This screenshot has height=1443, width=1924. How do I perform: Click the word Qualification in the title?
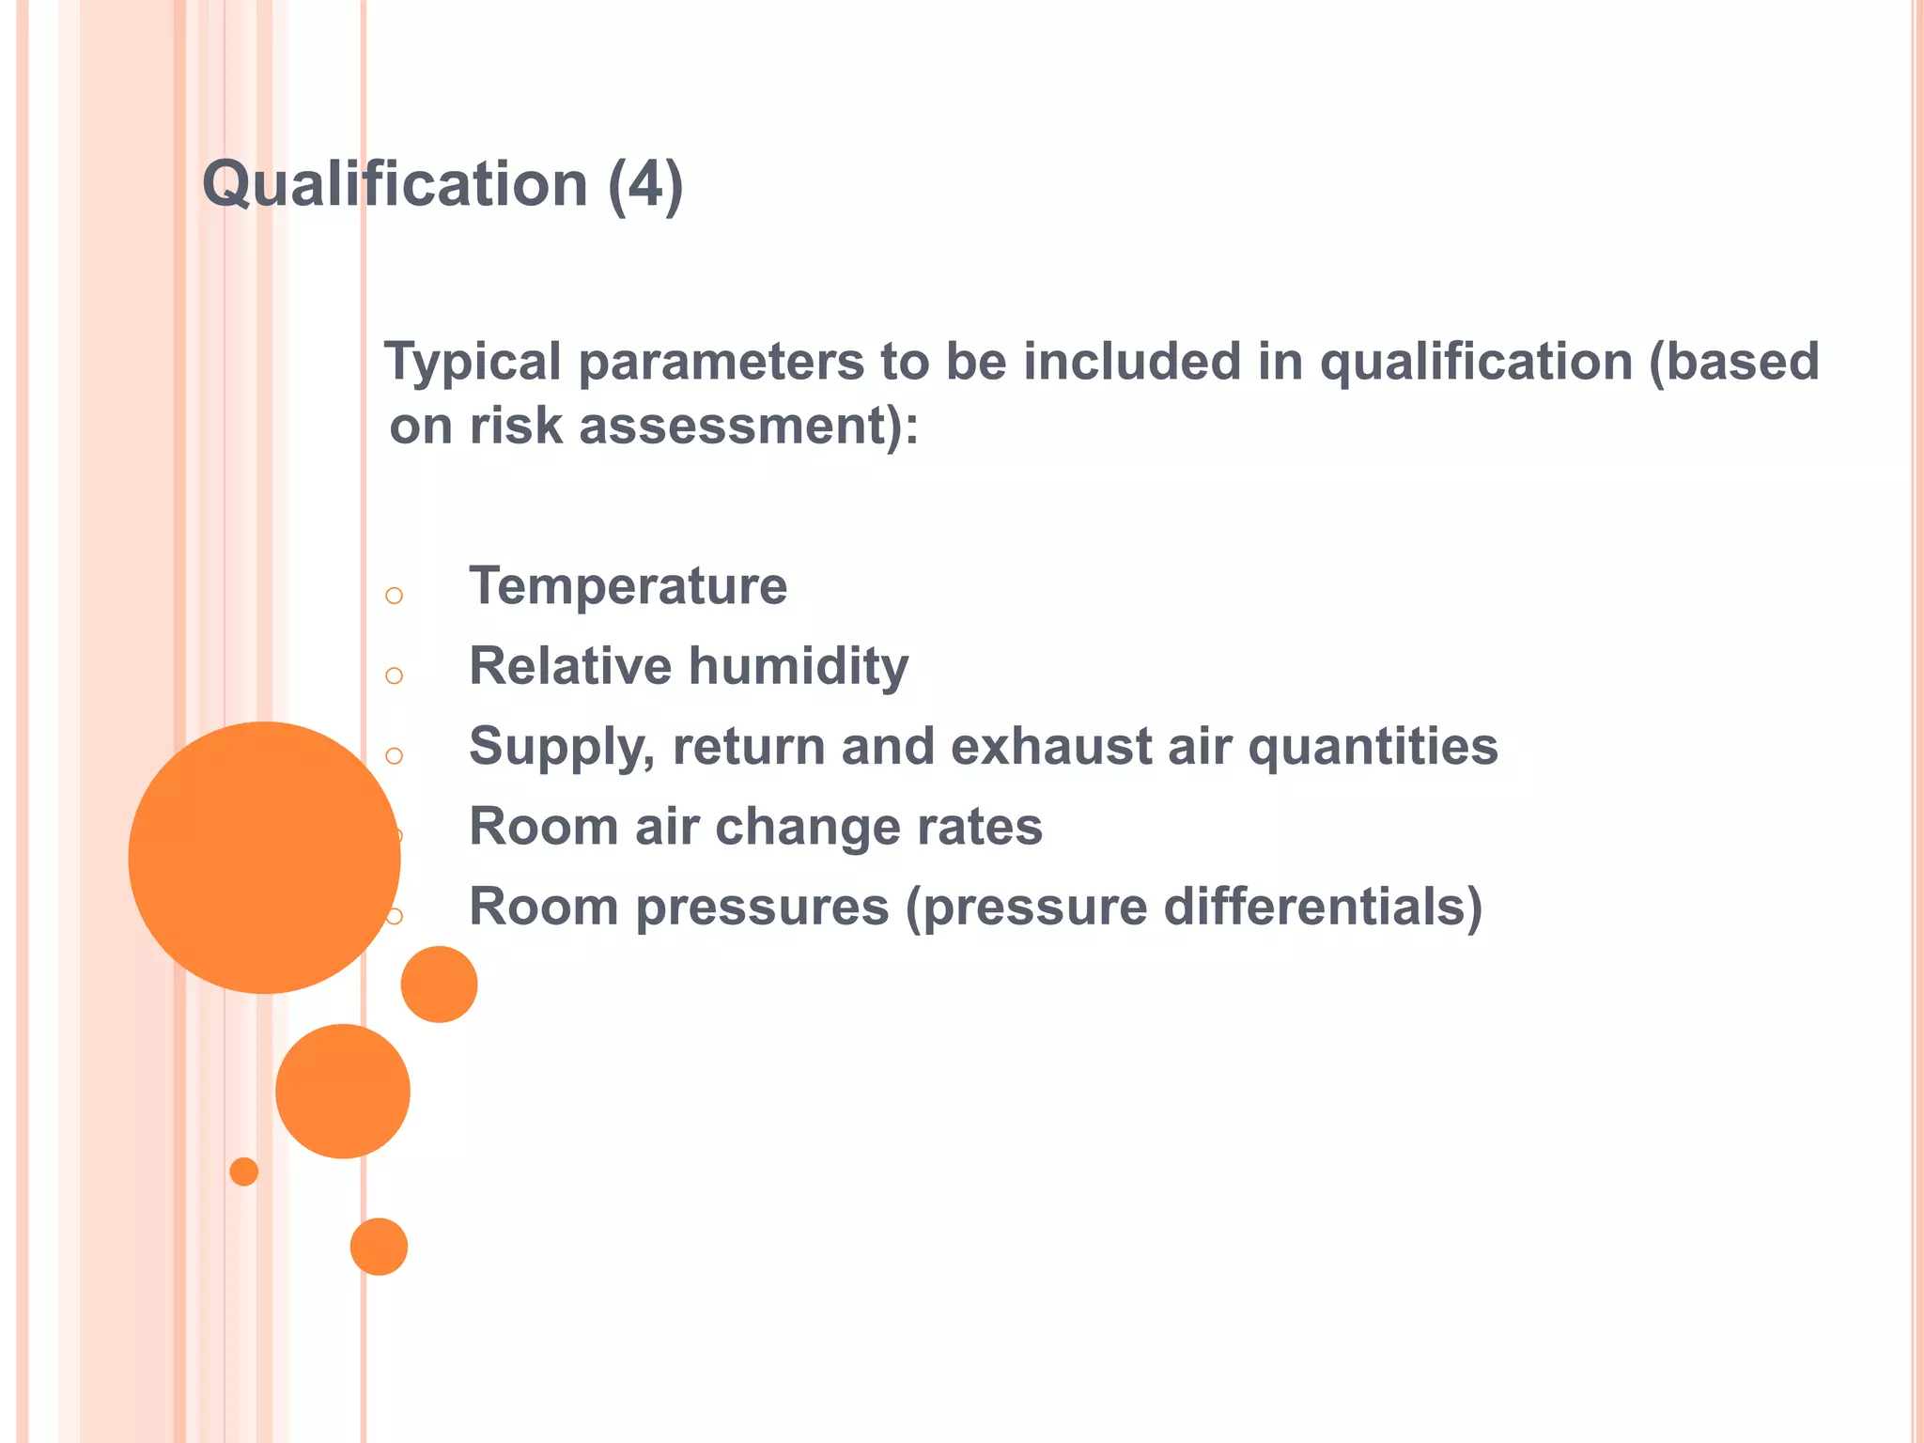tap(395, 183)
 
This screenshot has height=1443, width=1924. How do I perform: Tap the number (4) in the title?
tap(645, 184)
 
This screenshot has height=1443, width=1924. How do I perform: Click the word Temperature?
tap(628, 586)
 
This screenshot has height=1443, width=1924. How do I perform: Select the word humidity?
tap(799, 667)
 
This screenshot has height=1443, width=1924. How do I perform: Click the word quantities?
tap(1373, 747)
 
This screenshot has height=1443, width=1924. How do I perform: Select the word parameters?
tap(721, 363)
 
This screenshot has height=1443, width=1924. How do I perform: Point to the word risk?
tap(516, 427)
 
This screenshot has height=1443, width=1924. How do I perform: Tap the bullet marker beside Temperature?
tap(395, 596)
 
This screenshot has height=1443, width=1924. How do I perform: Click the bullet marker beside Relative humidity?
tap(395, 675)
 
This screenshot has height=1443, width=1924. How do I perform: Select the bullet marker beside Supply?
tap(395, 755)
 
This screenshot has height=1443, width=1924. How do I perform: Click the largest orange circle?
tap(264, 857)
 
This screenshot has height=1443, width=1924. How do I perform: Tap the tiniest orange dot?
tap(244, 1171)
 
